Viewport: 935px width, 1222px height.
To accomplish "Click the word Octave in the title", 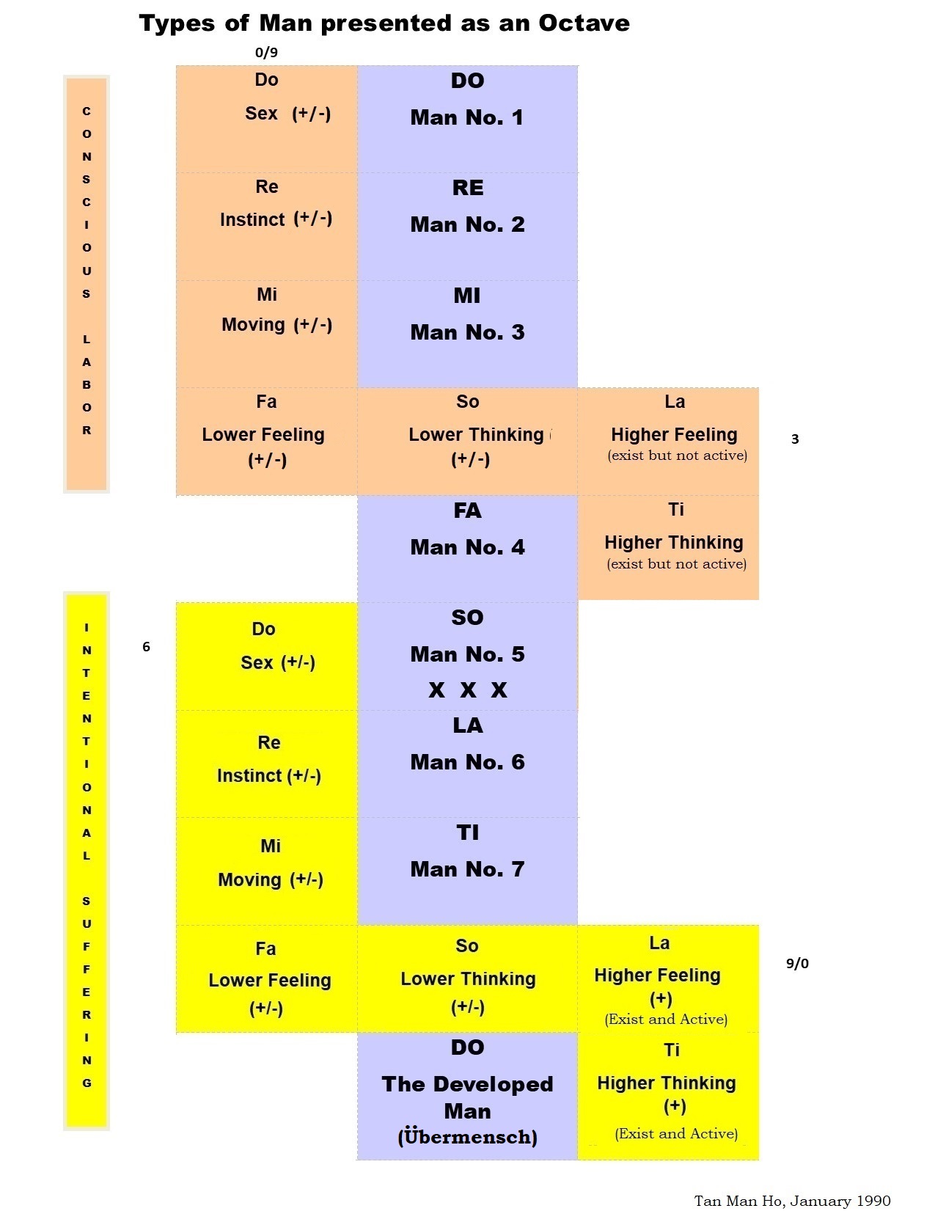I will [x=584, y=23].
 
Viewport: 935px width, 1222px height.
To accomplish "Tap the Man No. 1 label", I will [x=467, y=117].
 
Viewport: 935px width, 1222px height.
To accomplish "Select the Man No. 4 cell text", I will [x=467, y=547].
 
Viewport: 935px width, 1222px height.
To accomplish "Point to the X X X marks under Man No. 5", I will [x=468, y=690].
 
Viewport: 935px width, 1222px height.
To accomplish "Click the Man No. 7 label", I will [x=467, y=869].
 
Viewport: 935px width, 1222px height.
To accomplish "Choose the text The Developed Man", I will [x=467, y=1097].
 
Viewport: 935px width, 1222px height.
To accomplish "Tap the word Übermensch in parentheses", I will [x=468, y=1137].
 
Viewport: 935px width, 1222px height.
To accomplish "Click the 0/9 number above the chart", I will [x=266, y=52].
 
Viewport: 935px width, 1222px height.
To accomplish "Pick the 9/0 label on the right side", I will [x=797, y=963].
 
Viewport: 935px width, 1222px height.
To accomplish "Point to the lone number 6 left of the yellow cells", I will [x=146, y=646].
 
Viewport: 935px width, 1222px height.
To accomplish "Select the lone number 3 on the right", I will [x=795, y=439].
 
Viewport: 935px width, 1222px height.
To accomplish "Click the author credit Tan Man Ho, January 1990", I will [x=792, y=1201].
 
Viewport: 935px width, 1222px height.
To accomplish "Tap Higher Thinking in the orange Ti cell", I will [x=673, y=543].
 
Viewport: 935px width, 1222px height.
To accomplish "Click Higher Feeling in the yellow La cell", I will [x=657, y=976].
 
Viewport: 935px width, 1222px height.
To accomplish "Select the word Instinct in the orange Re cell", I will [x=252, y=219].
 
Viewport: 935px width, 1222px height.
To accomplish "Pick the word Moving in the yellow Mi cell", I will [x=249, y=879].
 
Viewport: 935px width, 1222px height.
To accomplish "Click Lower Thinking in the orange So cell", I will [x=476, y=435].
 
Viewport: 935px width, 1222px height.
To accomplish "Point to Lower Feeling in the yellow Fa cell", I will [x=270, y=981].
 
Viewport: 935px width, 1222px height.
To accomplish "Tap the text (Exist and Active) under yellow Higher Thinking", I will [x=676, y=1133].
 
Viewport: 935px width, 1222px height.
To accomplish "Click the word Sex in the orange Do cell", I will [x=261, y=114].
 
